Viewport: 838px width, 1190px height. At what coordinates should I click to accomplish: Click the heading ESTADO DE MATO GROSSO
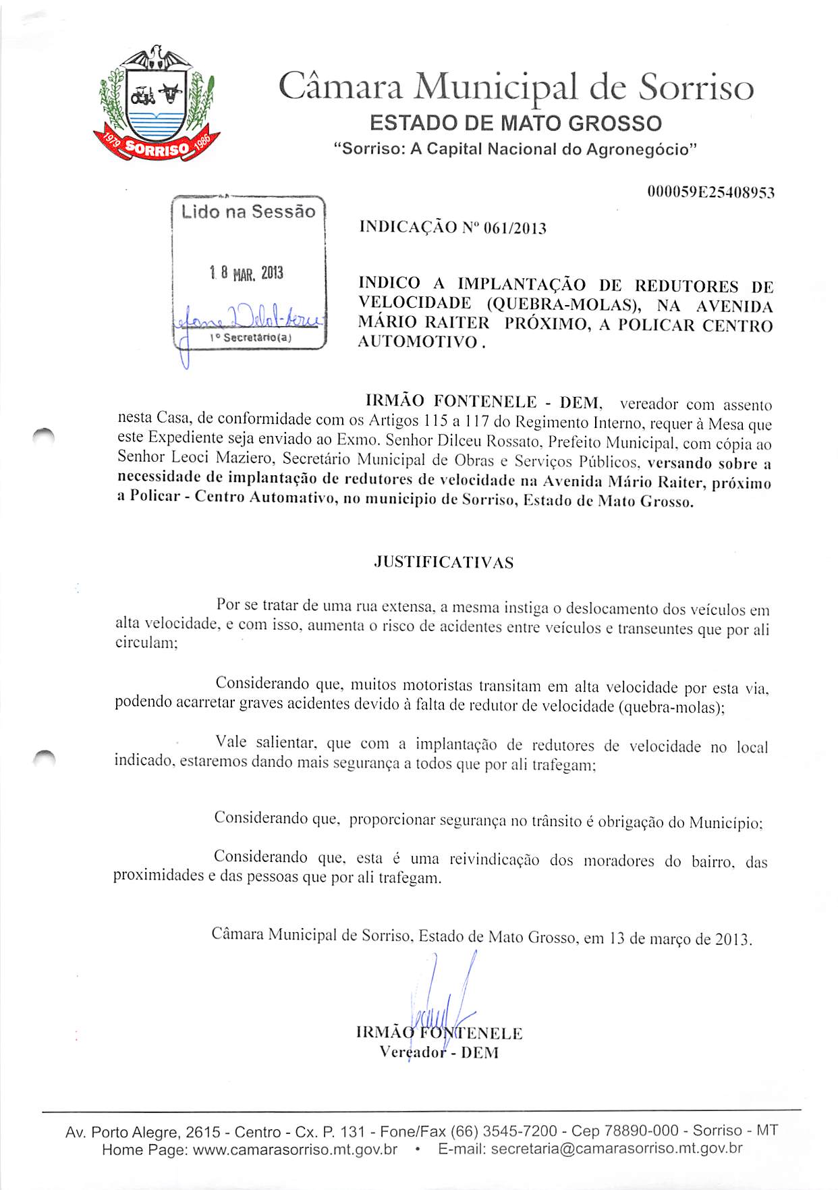[x=515, y=124]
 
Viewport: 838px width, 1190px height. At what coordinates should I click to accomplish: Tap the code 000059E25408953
[x=710, y=192]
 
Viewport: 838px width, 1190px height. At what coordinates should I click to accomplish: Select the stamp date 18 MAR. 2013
[x=246, y=273]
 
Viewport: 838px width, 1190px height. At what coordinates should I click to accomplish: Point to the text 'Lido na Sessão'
[x=248, y=212]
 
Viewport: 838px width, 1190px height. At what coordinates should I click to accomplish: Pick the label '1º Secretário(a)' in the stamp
[x=250, y=337]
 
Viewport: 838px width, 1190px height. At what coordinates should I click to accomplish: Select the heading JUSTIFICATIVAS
[x=443, y=562]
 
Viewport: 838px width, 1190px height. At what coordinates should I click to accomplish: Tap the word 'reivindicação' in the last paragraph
[x=494, y=859]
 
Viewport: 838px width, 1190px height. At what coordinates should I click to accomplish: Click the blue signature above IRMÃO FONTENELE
[x=442, y=999]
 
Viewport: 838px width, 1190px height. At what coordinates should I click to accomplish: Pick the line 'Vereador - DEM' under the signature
[x=439, y=1052]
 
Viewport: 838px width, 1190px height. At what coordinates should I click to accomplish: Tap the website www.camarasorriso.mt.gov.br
[x=295, y=1149]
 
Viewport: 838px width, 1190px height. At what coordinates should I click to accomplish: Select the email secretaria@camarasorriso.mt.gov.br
[x=617, y=1149]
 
